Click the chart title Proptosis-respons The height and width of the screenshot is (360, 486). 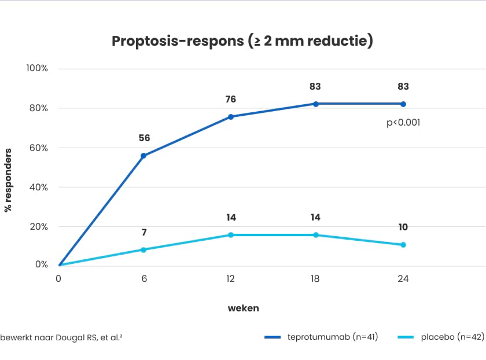pos(242,41)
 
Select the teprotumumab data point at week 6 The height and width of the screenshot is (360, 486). pos(143,156)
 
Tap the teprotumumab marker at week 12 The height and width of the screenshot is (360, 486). pos(230,117)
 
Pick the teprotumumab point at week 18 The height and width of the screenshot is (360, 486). pos(316,104)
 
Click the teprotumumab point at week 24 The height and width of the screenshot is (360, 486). pos(403,104)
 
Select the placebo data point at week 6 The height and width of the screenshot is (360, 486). pos(143,250)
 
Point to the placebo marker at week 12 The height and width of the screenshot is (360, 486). pos(230,235)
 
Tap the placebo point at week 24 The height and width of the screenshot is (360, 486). pos(403,245)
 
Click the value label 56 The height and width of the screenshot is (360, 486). pos(144,138)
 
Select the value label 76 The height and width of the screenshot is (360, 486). pos(230,100)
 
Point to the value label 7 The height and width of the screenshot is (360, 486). pos(144,233)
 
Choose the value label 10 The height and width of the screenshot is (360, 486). pos(403,227)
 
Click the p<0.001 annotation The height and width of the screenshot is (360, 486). pos(403,123)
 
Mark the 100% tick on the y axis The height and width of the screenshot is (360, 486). pos(37,68)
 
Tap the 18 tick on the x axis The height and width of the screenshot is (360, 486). pos(316,279)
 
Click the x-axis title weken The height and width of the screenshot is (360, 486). pos(243,308)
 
